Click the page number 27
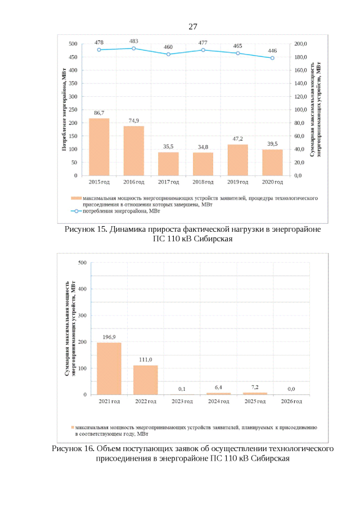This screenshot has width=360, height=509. coord(193,26)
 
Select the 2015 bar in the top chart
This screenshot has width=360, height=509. coord(99,147)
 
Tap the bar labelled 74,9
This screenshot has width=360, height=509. coord(134,151)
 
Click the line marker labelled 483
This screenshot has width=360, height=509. coord(134,48)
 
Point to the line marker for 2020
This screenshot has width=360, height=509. coord(272,58)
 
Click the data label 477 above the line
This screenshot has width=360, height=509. coord(203,43)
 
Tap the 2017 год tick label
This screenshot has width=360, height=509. coord(168,182)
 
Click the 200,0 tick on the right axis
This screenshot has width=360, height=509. coord(301,44)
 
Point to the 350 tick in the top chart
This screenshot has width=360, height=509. coord(73,83)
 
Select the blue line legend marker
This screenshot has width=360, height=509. coord(75,211)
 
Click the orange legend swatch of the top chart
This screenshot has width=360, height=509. coord(75,199)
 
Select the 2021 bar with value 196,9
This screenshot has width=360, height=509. coord(109,368)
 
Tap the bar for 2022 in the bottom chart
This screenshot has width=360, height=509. coord(145,380)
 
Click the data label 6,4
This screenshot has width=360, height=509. coord(218,388)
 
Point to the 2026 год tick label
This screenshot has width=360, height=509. coord(291,402)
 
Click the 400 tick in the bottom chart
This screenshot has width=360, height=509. coord(82,289)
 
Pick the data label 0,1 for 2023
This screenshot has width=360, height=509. coord(182,389)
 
